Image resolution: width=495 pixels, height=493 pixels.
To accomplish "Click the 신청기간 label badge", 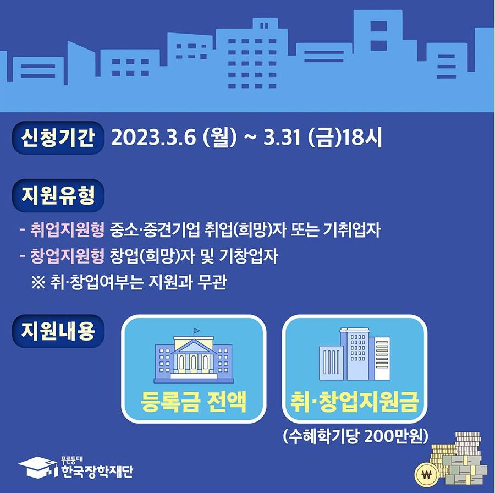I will point(58,138).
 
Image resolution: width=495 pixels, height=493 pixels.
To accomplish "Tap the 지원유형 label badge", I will point(58,195).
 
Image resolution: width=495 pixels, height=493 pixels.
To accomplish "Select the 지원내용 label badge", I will point(58,331).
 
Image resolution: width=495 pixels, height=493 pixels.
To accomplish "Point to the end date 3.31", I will point(282,138).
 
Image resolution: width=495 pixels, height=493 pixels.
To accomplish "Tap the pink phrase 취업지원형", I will point(68,230).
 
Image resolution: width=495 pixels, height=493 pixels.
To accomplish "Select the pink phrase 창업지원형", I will point(68,256).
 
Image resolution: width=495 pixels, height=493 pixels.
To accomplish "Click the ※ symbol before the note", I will point(40,283).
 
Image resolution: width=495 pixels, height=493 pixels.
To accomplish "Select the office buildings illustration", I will point(355,355).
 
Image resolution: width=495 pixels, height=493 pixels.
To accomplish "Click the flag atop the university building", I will point(196,331).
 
